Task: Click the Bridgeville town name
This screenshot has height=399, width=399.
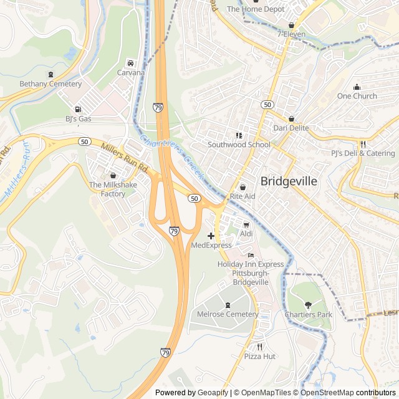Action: (289, 181)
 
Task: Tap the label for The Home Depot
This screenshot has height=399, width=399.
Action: (255, 9)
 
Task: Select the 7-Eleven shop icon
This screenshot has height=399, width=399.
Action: (291, 25)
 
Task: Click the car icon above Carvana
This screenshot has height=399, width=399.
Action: (130, 63)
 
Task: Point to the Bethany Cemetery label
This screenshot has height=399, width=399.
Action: (50, 84)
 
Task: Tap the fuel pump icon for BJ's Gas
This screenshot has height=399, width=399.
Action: (78, 108)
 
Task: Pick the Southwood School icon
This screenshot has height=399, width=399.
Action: (239, 135)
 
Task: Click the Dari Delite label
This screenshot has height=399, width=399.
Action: (291, 128)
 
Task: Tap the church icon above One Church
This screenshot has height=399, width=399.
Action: (357, 87)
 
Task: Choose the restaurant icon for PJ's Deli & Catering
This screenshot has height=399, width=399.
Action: (362, 143)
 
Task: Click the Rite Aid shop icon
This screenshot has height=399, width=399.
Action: (243, 187)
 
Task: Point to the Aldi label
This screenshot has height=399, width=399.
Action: (246, 233)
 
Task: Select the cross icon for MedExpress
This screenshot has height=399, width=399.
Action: (211, 236)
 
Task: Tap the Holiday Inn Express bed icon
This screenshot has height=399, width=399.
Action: (251, 255)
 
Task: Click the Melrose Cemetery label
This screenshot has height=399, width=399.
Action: (227, 314)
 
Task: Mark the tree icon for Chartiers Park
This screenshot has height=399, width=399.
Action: (309, 305)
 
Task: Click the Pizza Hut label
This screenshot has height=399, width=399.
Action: (260, 356)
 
